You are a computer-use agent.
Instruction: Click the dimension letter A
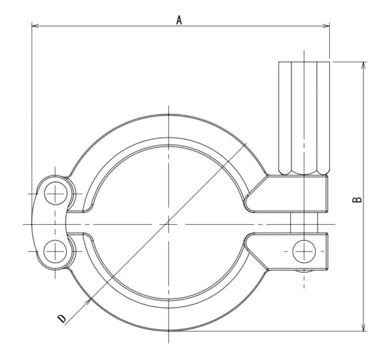pyautogui.click(x=179, y=20)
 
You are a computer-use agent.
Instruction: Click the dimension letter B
pyautogui.click(x=357, y=199)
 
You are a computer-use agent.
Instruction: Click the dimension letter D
pyautogui.click(x=62, y=319)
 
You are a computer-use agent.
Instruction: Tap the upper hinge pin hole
pyautogui.click(x=55, y=194)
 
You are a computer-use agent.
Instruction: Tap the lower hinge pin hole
pyautogui.click(x=55, y=251)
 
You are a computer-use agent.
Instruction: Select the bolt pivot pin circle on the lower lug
pyautogui.click(x=304, y=251)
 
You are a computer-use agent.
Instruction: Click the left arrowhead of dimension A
pyautogui.click(x=35, y=25)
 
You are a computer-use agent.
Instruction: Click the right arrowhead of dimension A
pyautogui.click(x=326, y=25)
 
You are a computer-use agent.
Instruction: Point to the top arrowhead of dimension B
pyautogui.click(x=364, y=66)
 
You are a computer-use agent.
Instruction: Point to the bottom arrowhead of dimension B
pyautogui.click(x=364, y=327)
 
